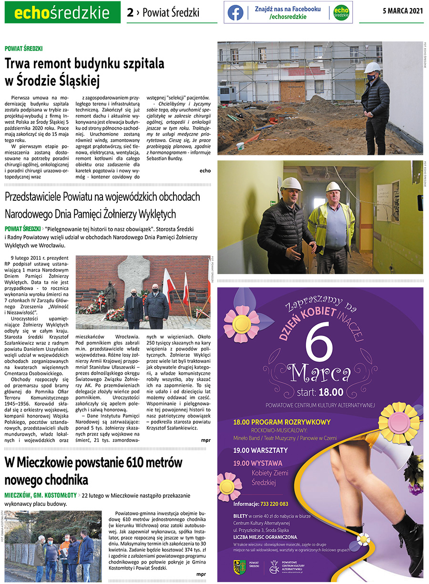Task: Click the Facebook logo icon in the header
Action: [235, 13]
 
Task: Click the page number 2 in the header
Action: [130, 12]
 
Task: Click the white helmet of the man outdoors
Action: [372, 67]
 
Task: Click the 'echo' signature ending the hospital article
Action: [205, 170]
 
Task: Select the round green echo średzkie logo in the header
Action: [341, 13]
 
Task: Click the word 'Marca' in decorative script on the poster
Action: [320, 373]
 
